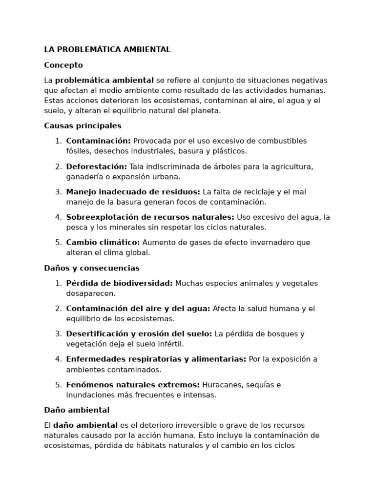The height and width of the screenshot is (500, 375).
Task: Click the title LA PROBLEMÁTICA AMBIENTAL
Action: (x=107, y=49)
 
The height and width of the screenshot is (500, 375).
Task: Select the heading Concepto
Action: (x=63, y=65)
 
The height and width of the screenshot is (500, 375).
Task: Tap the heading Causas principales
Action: (x=83, y=125)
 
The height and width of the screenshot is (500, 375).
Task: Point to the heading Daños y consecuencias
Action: (x=92, y=268)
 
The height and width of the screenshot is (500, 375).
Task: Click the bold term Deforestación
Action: (x=97, y=167)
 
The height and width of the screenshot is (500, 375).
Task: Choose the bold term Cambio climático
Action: (x=103, y=242)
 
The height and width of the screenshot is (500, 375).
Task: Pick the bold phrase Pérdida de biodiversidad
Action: (x=120, y=283)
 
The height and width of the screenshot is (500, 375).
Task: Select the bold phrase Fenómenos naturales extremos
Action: (x=133, y=385)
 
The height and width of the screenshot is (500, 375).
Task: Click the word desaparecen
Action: (x=91, y=293)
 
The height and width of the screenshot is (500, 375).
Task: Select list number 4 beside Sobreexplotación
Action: (x=58, y=217)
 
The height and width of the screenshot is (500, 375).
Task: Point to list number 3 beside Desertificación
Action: (x=58, y=334)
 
